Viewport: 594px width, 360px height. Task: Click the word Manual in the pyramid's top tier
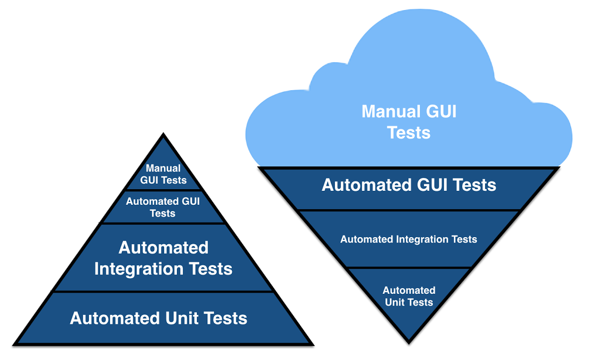[x=163, y=168]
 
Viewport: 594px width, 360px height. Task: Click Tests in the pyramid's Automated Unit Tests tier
[x=225, y=318]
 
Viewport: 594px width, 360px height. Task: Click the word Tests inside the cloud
[x=409, y=133]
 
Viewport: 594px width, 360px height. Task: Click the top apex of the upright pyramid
[x=163, y=134]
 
